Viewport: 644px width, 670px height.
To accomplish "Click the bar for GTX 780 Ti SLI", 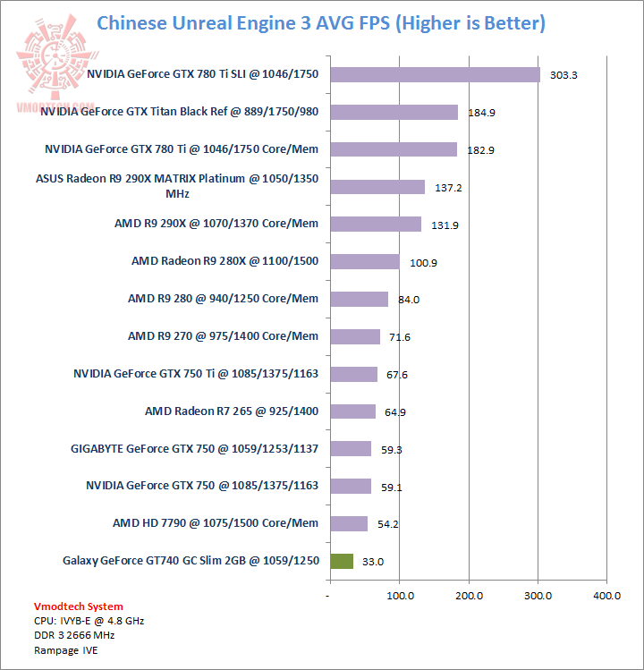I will tap(435, 74).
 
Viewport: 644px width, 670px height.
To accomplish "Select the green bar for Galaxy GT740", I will tap(342, 561).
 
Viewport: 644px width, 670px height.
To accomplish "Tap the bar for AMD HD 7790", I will tap(349, 523).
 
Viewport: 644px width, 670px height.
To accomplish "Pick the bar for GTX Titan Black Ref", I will tap(394, 112).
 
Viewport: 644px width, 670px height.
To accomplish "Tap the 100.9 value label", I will tap(423, 263).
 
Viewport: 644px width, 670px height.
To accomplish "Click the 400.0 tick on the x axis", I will tap(606, 596).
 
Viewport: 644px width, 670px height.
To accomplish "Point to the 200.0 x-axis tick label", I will tap(469, 596).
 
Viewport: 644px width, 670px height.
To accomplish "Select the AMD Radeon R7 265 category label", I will tap(232, 411).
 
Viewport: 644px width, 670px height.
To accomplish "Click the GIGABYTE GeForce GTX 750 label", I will tap(194, 448).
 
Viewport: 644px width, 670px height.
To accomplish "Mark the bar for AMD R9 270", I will tap(355, 336).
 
